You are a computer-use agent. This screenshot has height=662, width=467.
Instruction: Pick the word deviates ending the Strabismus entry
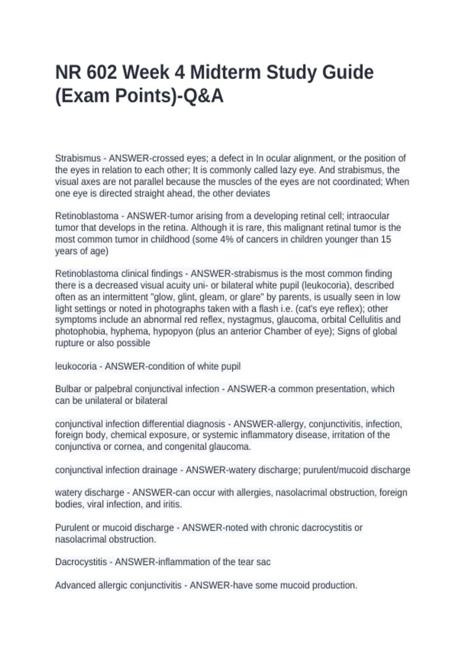pos(253,194)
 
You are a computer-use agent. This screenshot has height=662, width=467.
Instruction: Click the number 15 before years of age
pos(386,239)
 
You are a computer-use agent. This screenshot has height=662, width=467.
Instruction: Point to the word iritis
pos(171,504)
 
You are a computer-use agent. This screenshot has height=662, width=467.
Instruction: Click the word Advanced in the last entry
pos(75,585)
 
